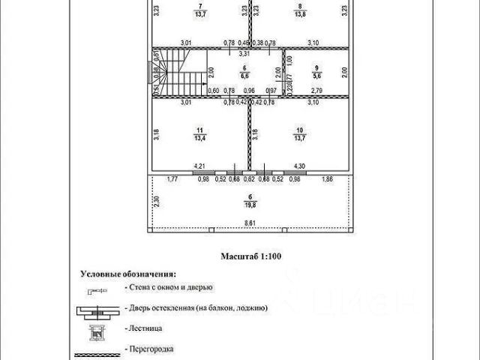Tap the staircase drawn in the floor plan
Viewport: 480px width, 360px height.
[x=180, y=73]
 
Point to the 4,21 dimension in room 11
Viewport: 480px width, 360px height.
[x=200, y=165]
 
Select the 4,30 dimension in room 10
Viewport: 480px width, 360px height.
[x=298, y=165]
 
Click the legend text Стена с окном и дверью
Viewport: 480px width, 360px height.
[x=168, y=287]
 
